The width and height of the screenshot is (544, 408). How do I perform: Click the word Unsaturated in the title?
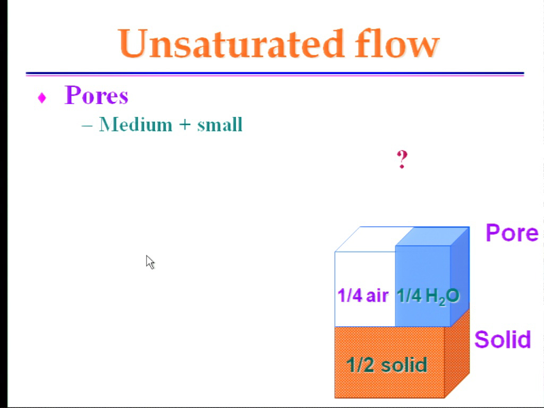point(231,44)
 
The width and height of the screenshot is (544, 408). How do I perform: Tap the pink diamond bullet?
point(42,98)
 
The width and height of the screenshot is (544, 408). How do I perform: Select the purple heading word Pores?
point(97,95)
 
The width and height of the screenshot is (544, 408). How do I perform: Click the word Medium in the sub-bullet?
point(135,124)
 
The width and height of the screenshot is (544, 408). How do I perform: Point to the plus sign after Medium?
point(185,125)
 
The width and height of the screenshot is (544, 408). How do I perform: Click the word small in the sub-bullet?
point(219,124)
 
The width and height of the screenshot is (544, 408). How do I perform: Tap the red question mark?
point(402,159)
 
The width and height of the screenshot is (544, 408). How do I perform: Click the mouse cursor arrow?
point(150,262)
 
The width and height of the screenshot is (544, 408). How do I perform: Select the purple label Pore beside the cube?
point(512,233)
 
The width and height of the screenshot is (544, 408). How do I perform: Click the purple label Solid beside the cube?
point(503,339)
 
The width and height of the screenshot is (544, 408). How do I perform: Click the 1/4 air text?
point(363,295)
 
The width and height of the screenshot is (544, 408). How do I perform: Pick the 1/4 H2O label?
point(428,296)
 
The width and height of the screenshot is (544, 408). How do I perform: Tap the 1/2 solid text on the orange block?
point(387,365)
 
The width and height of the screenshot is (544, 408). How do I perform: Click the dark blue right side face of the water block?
point(460,277)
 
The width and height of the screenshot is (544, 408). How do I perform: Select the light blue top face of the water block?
point(432,236)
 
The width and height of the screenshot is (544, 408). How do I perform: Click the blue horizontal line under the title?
point(275,73)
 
